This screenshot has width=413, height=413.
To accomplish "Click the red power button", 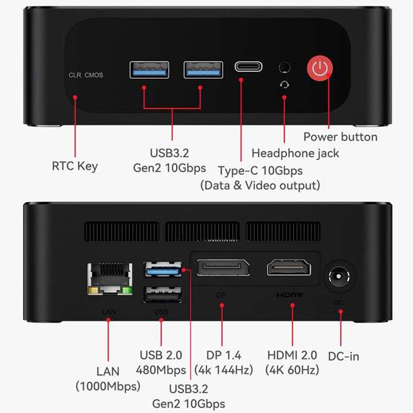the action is pyautogui.click(x=320, y=67).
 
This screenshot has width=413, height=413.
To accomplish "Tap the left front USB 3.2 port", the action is pyautogui.click(x=149, y=70).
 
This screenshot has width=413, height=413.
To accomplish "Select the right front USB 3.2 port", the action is pyautogui.click(x=203, y=70).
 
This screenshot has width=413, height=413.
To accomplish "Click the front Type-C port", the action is pyautogui.click(x=248, y=66).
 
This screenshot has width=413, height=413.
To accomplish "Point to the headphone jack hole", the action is pyautogui.click(x=285, y=67).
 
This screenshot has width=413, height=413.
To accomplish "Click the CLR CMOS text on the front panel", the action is pyautogui.click(x=86, y=75).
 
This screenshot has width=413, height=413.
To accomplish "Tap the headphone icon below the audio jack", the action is pyautogui.click(x=285, y=85).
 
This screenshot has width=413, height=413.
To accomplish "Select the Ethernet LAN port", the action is pyautogui.click(x=110, y=279).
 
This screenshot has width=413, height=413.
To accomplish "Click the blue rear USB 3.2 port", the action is pyautogui.click(x=163, y=269).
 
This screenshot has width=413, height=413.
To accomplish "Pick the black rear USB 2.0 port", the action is pyautogui.click(x=163, y=294).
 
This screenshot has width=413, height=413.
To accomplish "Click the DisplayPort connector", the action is pyautogui.click(x=223, y=268).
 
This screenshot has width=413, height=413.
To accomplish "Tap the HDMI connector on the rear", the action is pyautogui.click(x=289, y=267).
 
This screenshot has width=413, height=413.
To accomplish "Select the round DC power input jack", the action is pyautogui.click(x=339, y=277).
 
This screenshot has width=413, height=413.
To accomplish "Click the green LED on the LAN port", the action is pyautogui.click(x=127, y=291).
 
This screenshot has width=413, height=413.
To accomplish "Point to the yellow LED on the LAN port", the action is pyautogui.click(x=93, y=291).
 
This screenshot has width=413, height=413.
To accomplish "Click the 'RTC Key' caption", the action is pyautogui.click(x=75, y=166).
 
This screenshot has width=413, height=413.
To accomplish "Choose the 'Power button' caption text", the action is pyautogui.click(x=340, y=137).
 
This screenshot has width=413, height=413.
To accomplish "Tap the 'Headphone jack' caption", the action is pyautogui.click(x=296, y=154).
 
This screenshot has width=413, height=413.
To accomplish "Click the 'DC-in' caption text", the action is pyautogui.click(x=344, y=356).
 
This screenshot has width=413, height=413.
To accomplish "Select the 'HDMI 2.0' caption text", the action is pyautogui.click(x=292, y=355).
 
